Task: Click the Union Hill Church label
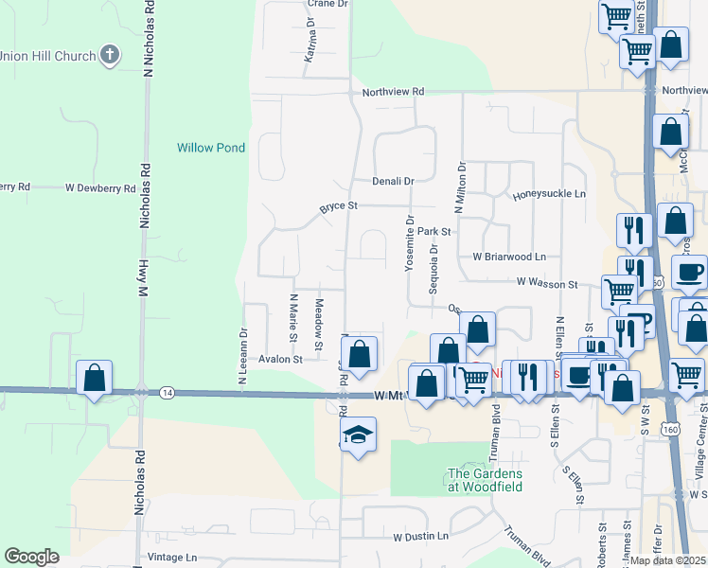point(48,56)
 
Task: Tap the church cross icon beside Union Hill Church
point(110,55)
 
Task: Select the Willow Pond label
point(211,148)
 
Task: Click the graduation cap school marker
point(358,435)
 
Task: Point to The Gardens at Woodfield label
point(485,480)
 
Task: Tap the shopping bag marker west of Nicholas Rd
point(95,378)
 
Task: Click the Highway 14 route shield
point(167,391)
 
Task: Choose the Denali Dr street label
point(393,181)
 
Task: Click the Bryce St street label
point(338,205)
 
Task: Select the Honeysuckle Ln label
point(550,195)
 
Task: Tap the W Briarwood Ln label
point(510,257)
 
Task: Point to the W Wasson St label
point(547,283)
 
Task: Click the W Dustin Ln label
point(420,537)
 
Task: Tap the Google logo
point(31,557)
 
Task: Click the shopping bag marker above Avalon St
point(359,355)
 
